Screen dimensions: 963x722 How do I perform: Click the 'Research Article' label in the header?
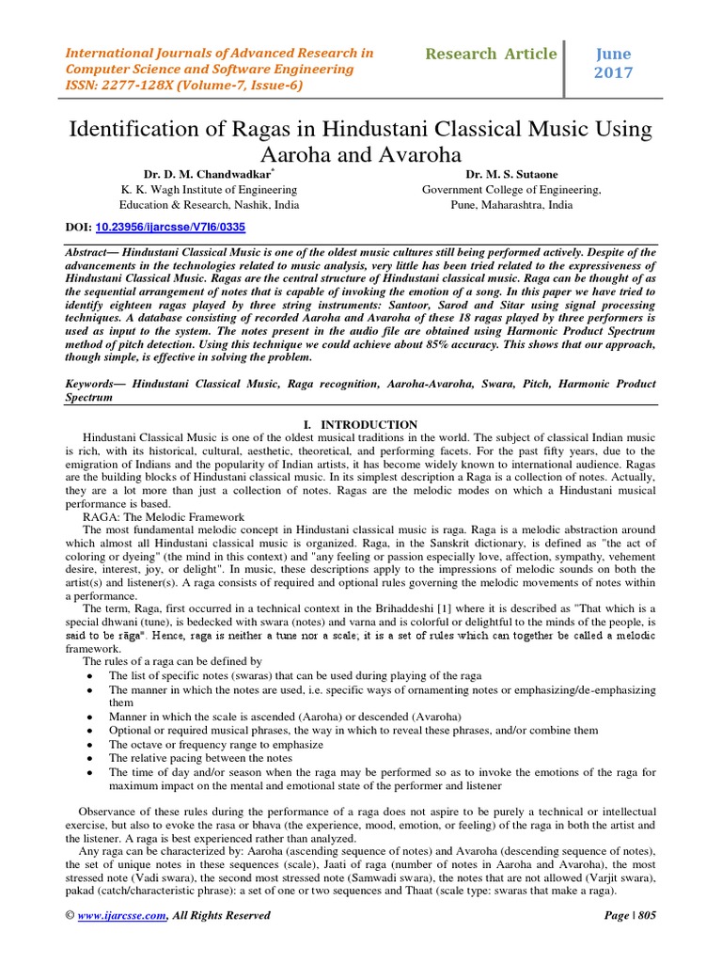(x=490, y=54)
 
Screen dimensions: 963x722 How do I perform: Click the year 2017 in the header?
(x=613, y=73)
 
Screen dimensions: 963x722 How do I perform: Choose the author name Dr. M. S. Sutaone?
(x=510, y=174)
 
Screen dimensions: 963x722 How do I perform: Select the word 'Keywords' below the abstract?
(x=94, y=385)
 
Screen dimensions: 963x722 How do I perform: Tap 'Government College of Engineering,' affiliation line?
(x=511, y=189)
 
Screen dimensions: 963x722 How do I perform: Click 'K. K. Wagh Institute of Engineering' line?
(x=208, y=189)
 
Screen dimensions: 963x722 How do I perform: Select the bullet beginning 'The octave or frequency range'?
(x=216, y=744)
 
